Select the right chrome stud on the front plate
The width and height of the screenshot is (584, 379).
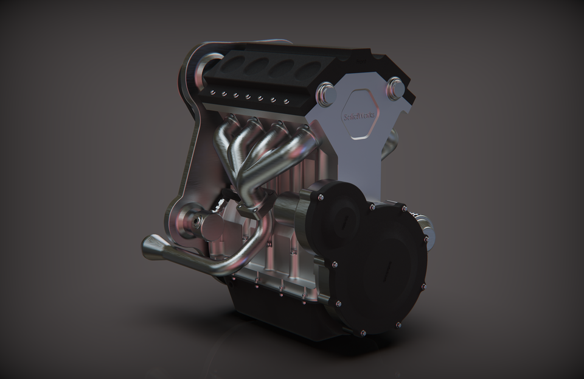pos(395,88)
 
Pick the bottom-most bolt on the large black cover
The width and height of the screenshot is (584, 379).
pos(363,333)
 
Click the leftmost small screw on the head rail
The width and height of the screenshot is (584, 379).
pos(213,91)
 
